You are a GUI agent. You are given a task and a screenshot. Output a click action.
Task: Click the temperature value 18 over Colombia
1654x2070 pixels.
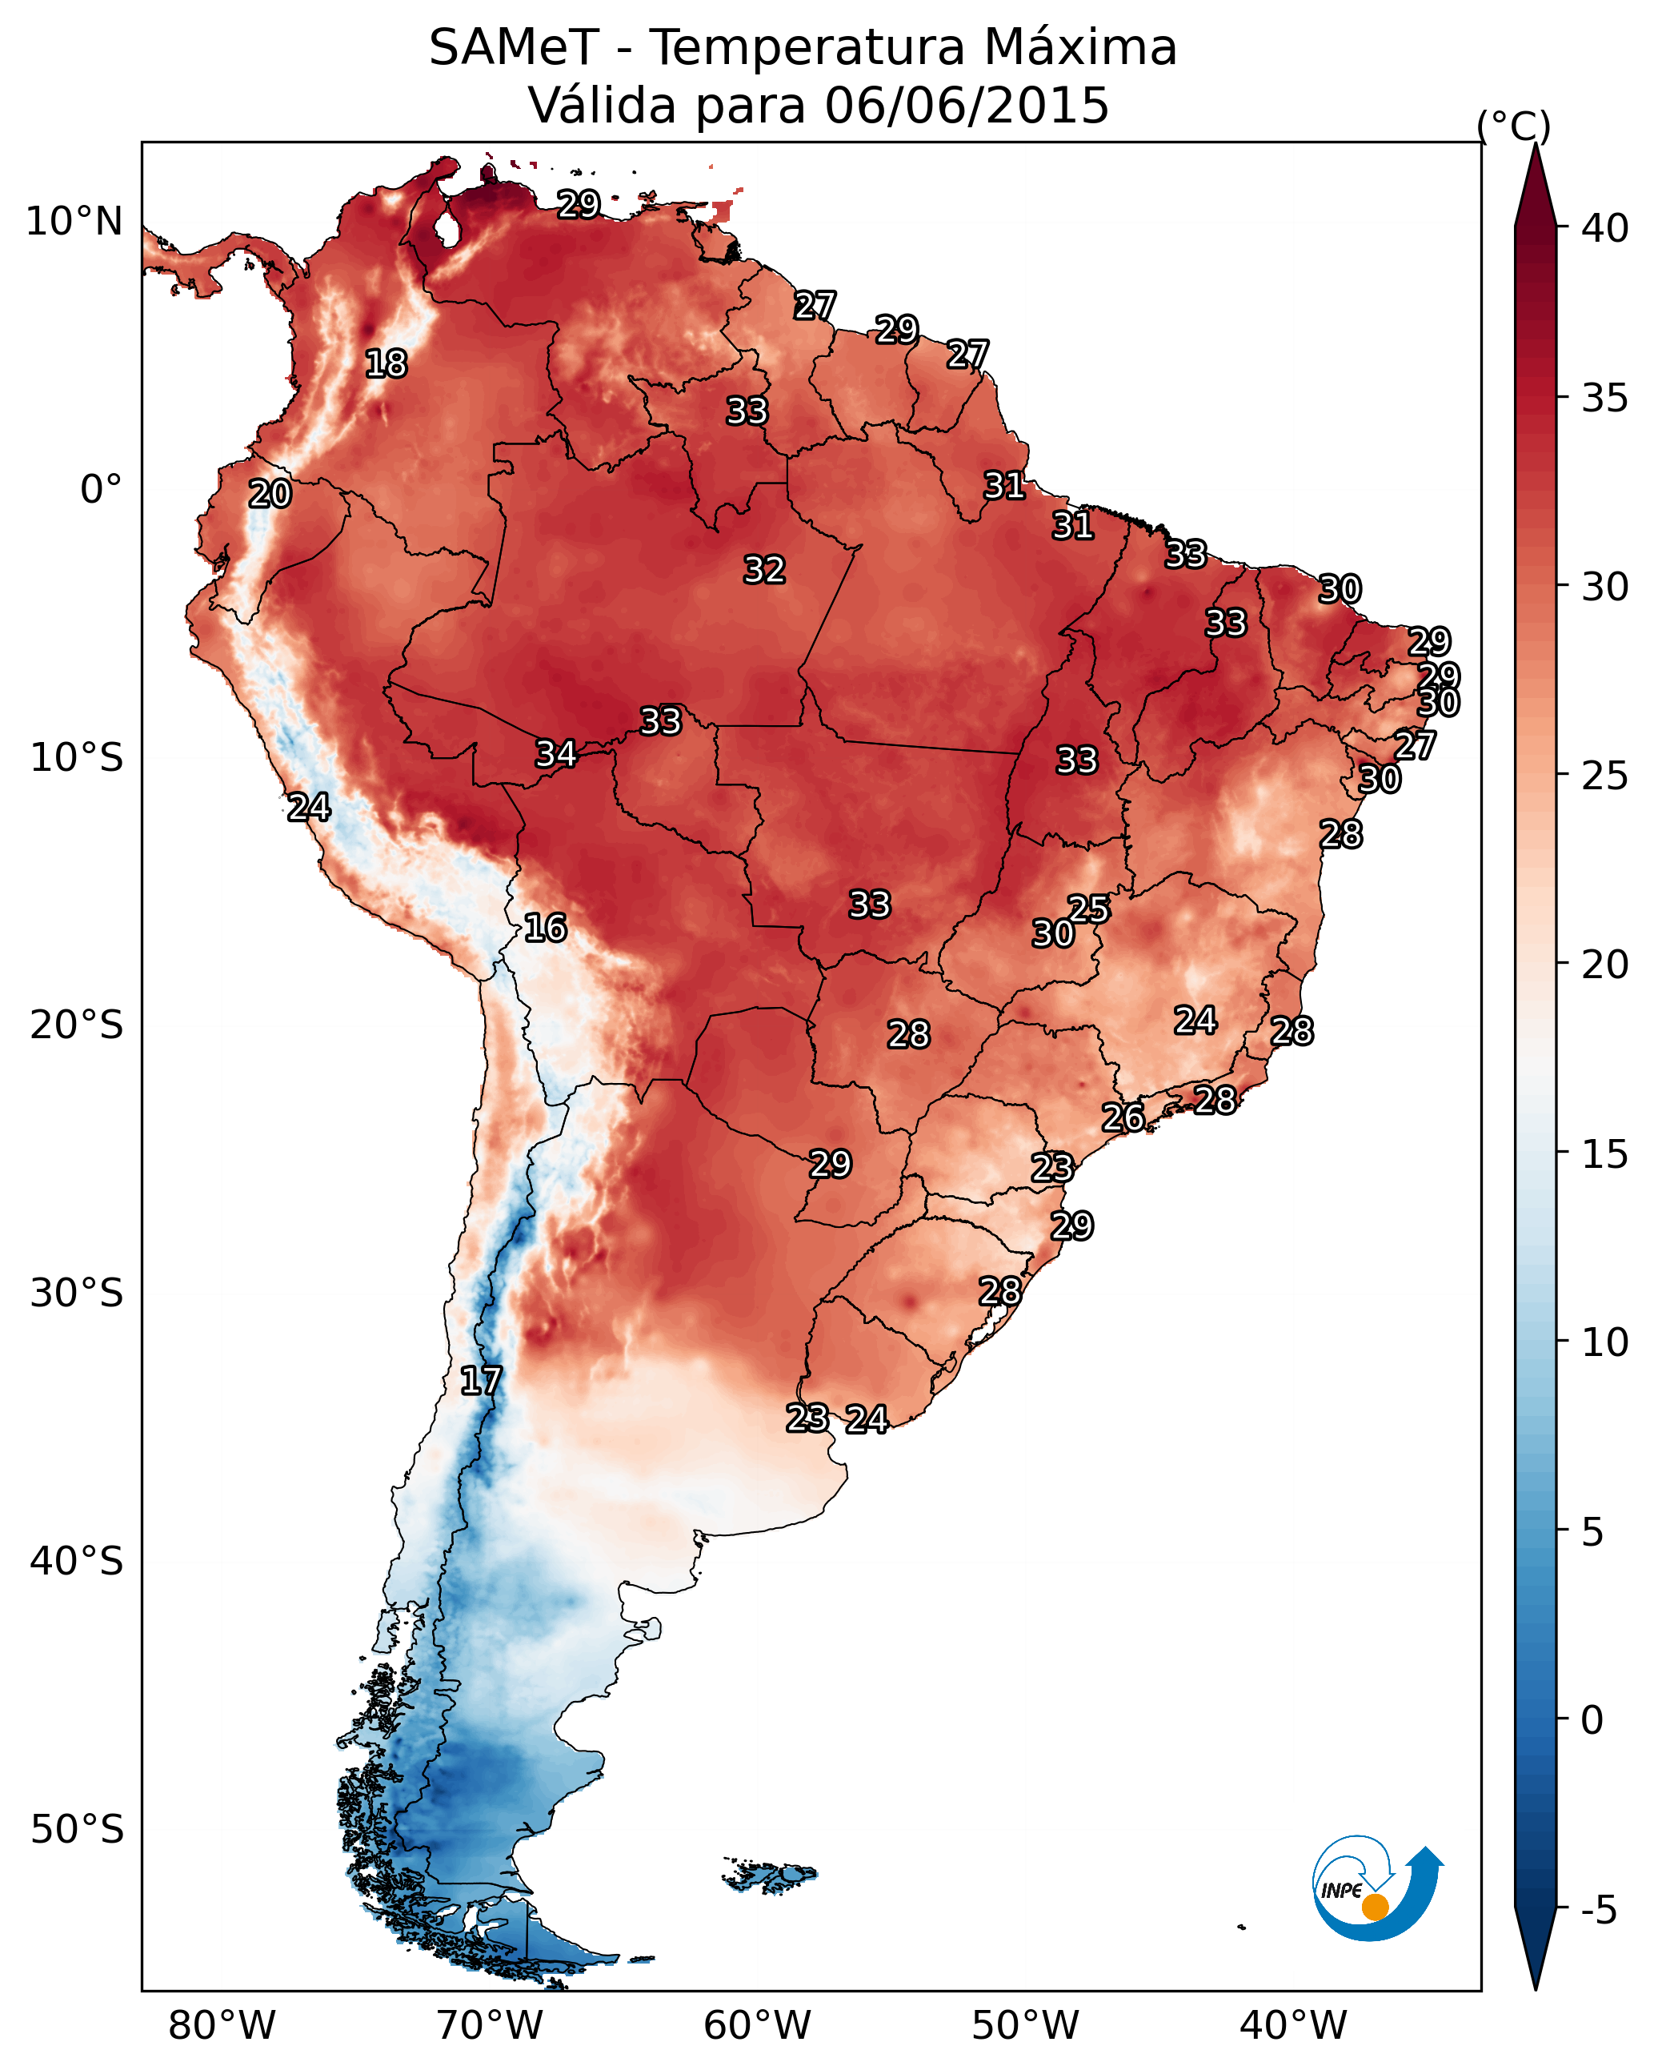(x=386, y=364)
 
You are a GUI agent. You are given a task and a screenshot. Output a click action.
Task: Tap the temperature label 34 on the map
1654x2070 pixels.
(x=556, y=754)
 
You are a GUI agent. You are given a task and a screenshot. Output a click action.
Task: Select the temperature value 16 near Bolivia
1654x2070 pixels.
(x=545, y=928)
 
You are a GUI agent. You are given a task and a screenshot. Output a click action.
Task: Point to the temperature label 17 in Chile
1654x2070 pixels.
(x=481, y=1381)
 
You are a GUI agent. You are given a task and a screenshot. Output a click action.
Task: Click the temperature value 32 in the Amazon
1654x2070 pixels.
(x=764, y=569)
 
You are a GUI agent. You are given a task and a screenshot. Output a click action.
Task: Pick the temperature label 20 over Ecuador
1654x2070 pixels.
(x=270, y=494)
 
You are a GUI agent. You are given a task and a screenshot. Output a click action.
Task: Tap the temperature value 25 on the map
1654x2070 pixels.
(x=1088, y=909)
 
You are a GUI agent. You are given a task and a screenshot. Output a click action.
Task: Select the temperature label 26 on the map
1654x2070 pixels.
(x=1122, y=1117)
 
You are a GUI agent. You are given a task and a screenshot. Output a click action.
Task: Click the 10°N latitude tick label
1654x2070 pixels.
(x=74, y=222)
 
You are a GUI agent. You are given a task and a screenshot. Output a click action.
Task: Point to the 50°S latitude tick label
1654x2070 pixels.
(x=77, y=1830)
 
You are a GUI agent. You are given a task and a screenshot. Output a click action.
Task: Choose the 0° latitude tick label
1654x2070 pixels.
(x=102, y=490)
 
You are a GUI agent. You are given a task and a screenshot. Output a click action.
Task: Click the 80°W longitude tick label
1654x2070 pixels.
(x=222, y=2026)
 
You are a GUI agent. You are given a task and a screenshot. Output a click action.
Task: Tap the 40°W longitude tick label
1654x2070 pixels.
(x=1293, y=2026)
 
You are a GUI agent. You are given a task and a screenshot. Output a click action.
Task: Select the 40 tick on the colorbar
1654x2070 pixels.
(x=1605, y=228)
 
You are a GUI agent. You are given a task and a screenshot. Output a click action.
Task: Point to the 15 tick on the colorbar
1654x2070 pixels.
(x=1605, y=1154)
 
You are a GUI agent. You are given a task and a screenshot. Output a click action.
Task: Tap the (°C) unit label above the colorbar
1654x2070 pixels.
(x=1514, y=126)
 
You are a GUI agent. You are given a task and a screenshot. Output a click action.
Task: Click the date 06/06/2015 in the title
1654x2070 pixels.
(x=967, y=105)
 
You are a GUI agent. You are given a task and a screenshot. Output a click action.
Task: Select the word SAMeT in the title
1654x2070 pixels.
(x=514, y=47)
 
